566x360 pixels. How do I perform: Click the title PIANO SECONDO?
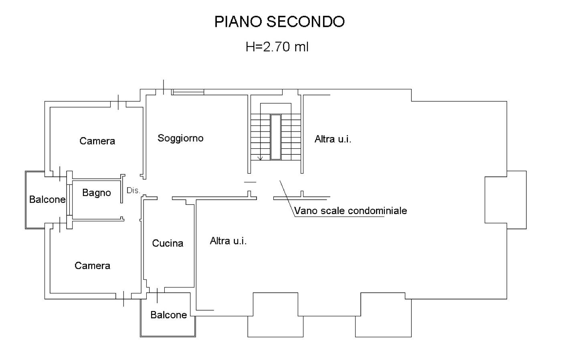(279, 22)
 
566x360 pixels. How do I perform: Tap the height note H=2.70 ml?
(277, 47)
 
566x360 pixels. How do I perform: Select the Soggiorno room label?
(180, 138)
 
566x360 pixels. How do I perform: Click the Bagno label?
(96, 193)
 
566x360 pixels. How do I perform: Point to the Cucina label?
(168, 243)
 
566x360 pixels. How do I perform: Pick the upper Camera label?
(97, 141)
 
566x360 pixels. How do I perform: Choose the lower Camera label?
(92, 266)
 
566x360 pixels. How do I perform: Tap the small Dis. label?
(133, 191)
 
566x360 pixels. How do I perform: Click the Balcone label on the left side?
(47, 200)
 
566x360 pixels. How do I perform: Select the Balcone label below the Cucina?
(168, 315)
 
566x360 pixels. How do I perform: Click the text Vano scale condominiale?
(350, 211)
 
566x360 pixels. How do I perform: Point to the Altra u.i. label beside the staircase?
(333, 139)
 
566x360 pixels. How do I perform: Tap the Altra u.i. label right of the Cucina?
(228, 241)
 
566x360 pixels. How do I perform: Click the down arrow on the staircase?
(260, 158)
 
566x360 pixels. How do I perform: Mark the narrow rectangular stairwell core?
(275, 137)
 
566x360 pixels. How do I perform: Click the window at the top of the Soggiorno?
(188, 92)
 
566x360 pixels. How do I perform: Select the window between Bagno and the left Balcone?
(69, 199)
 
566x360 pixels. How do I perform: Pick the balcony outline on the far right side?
(505, 200)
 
